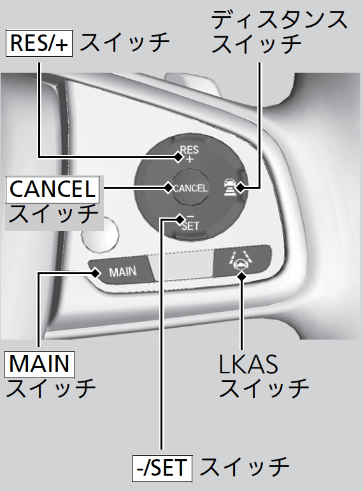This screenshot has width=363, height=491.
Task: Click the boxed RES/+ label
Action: [x=39, y=43]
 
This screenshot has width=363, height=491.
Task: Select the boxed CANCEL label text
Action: [x=52, y=189]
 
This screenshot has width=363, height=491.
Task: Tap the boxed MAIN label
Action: [x=39, y=365]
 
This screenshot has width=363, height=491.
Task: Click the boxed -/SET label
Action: [x=162, y=469]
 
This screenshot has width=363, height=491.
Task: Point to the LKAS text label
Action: [x=248, y=364]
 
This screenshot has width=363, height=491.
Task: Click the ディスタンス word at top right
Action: [x=279, y=19]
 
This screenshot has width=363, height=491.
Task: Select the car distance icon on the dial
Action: [x=229, y=187]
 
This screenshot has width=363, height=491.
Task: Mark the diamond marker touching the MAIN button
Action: [x=96, y=273]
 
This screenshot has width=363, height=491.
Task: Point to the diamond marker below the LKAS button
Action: [x=241, y=276]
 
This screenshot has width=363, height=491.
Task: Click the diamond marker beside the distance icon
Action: [x=241, y=187]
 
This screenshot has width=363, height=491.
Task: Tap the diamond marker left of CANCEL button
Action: [x=169, y=187]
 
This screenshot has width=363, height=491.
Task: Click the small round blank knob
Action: [x=100, y=234]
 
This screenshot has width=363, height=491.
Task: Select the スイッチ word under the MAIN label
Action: [x=51, y=388]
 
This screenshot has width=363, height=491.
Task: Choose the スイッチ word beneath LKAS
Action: [x=264, y=388]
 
